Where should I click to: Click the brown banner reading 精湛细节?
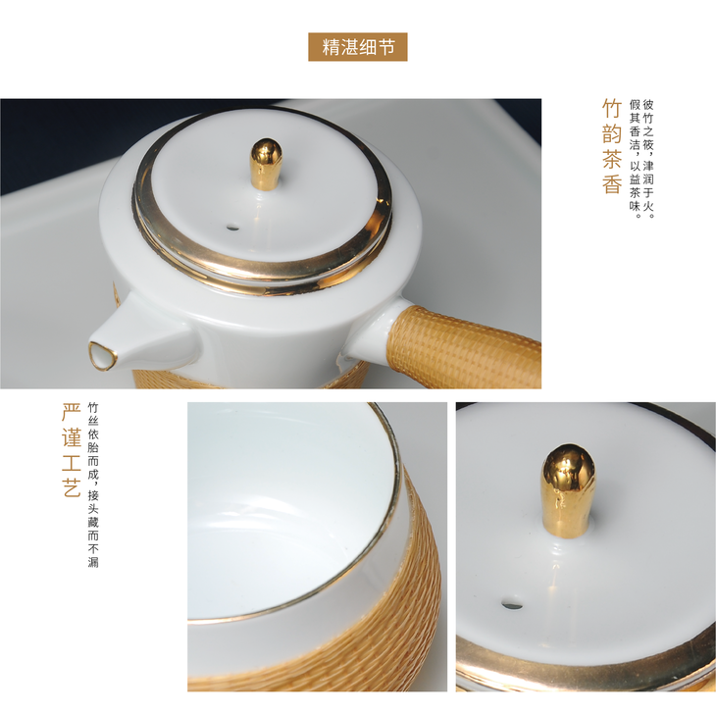point(358,47)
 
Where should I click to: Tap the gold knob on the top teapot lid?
point(267,164)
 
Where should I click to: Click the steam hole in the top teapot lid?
point(232,227)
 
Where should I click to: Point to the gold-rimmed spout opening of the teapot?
point(102,354)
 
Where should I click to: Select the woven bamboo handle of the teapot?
point(466,346)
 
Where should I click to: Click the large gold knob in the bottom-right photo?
point(569,490)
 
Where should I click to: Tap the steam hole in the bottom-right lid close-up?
point(512,604)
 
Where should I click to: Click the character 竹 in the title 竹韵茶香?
point(612,109)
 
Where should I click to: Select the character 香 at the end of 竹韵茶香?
point(612,183)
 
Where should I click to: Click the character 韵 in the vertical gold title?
point(612,133)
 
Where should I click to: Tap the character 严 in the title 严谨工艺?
point(72,412)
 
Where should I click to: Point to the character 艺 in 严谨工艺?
point(72,486)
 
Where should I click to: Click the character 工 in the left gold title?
point(72,462)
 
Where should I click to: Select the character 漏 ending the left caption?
point(93,562)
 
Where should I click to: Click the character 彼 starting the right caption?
point(648,105)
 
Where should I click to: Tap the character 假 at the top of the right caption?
point(635,105)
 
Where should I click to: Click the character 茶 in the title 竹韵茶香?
point(612,159)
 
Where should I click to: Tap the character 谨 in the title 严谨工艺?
point(72,437)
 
